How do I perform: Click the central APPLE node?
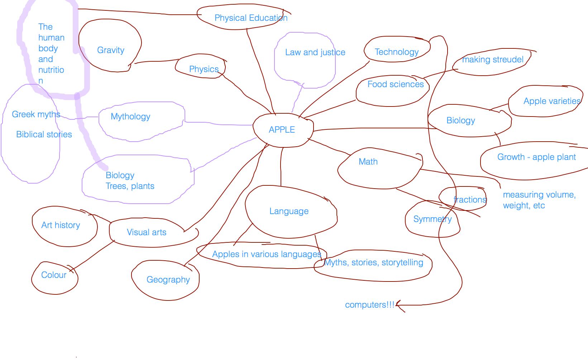(282, 130)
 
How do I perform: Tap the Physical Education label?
(251, 18)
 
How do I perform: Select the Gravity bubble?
(111, 50)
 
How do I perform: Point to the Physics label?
(204, 69)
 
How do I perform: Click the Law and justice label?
(315, 52)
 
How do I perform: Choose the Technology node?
(396, 52)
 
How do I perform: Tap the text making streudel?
(493, 60)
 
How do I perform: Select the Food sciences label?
(396, 84)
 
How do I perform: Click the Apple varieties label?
(552, 101)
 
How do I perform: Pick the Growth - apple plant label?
(536, 157)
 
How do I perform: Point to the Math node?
(368, 162)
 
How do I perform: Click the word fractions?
(470, 200)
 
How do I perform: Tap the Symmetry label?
(432, 219)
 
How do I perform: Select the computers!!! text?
(369, 305)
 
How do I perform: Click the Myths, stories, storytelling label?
(374, 262)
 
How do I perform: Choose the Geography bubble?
(168, 280)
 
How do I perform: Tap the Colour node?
(54, 275)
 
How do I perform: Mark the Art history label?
(61, 225)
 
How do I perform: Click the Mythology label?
(130, 117)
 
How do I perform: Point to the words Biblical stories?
(44, 134)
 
